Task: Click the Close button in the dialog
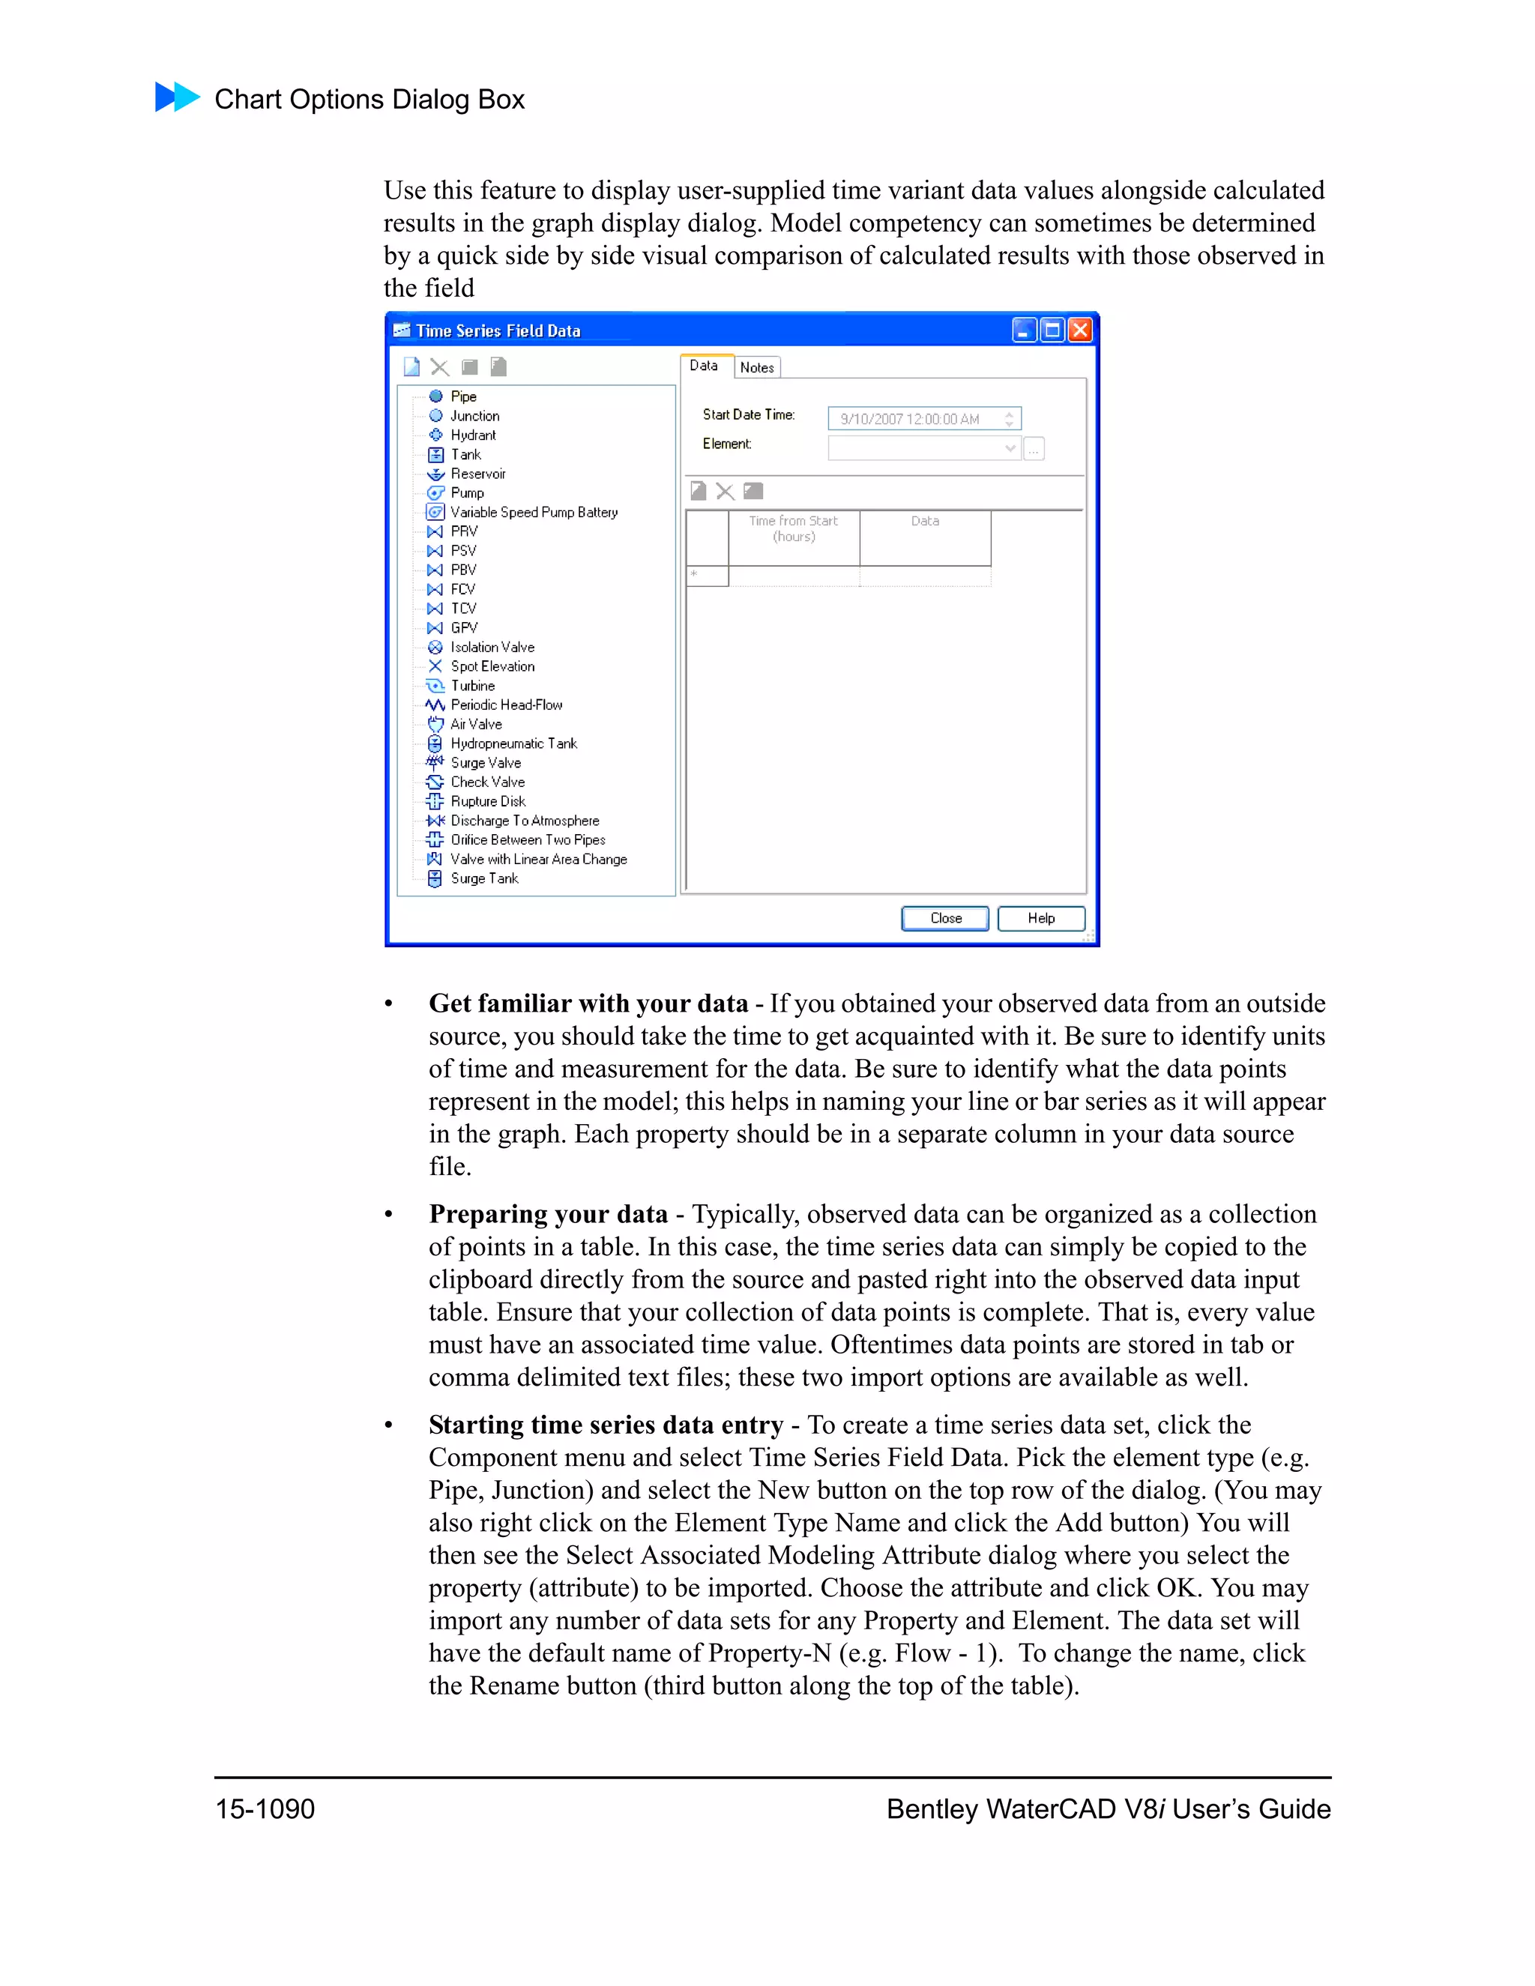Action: [x=945, y=919]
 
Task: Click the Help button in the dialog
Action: [x=1040, y=919]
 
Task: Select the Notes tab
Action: [x=756, y=367]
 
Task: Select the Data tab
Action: [x=704, y=366]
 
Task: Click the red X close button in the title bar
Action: [x=1079, y=330]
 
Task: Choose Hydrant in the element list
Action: [x=473, y=435]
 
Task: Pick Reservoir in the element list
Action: [x=477, y=474]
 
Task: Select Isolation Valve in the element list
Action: [x=492, y=648]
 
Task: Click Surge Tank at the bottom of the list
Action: [x=483, y=878]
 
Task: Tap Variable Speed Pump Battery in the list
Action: [x=534, y=513]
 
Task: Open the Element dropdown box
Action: [x=923, y=448]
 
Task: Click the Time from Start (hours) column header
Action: [x=793, y=529]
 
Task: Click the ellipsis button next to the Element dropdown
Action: [x=1034, y=449]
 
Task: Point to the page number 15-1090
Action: [x=265, y=1808]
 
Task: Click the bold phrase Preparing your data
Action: [x=549, y=1215]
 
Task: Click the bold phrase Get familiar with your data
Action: [x=588, y=1004]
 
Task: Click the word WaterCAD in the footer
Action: [x=1050, y=1808]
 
